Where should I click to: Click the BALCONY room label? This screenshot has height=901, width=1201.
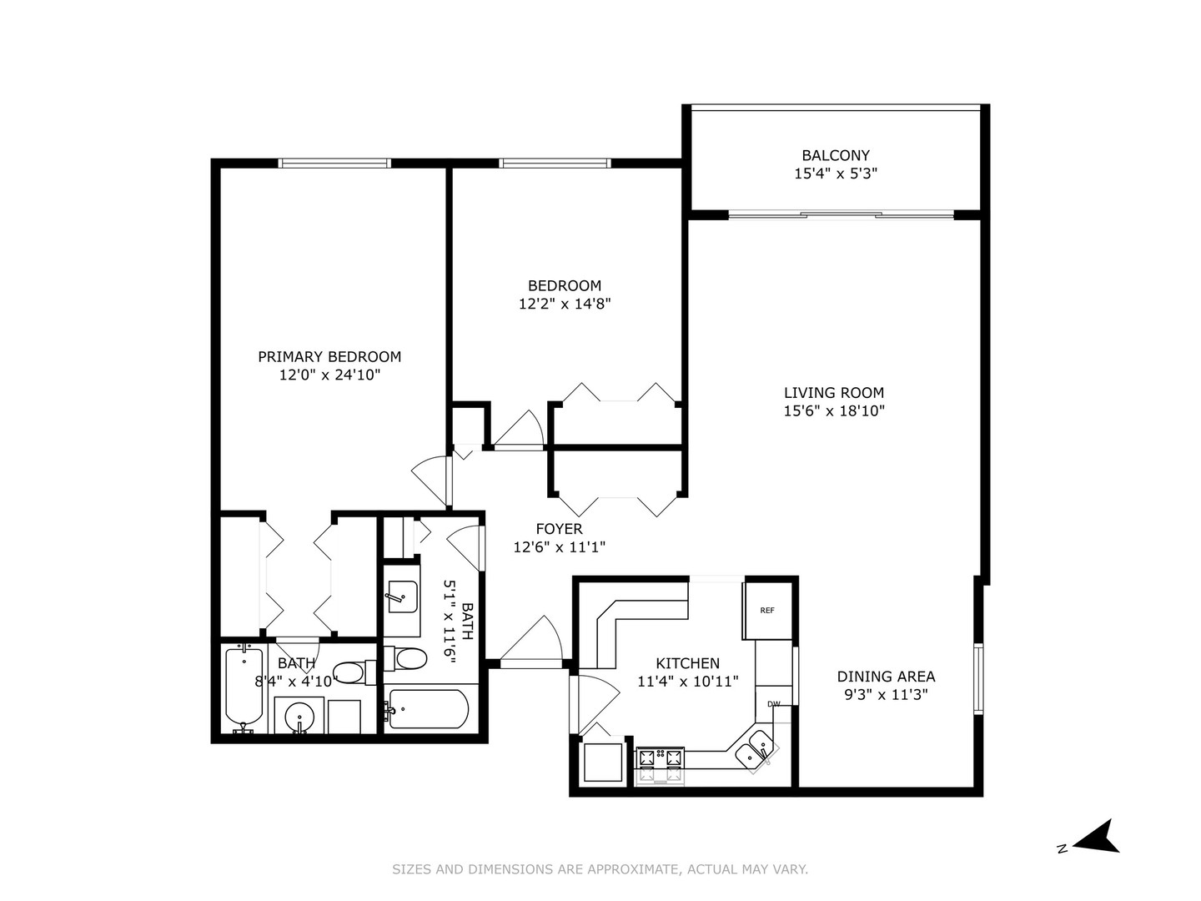[x=835, y=155]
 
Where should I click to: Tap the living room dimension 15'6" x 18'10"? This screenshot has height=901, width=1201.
[x=834, y=410]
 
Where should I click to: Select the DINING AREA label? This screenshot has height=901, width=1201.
[x=886, y=677]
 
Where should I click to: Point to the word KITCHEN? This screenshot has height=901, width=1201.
[x=687, y=663]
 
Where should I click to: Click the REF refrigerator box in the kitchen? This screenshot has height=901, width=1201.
[x=766, y=611]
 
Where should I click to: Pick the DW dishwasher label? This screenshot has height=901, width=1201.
[x=774, y=704]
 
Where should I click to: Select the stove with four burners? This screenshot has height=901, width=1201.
[x=660, y=758]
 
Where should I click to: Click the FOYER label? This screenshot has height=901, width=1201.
[x=559, y=529]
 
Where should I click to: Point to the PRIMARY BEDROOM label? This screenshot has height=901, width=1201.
[x=329, y=357]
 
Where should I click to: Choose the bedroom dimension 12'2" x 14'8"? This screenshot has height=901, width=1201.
[x=565, y=305]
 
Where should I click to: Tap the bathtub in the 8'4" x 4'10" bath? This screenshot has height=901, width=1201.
[x=244, y=687]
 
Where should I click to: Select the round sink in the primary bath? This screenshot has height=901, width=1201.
[x=299, y=717]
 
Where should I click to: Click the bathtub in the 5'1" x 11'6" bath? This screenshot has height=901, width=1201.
[x=427, y=709]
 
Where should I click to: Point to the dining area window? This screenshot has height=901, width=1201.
[x=979, y=678]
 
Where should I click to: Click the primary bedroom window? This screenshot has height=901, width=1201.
[x=334, y=164]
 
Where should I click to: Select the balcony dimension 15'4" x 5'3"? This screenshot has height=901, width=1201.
[x=835, y=174]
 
